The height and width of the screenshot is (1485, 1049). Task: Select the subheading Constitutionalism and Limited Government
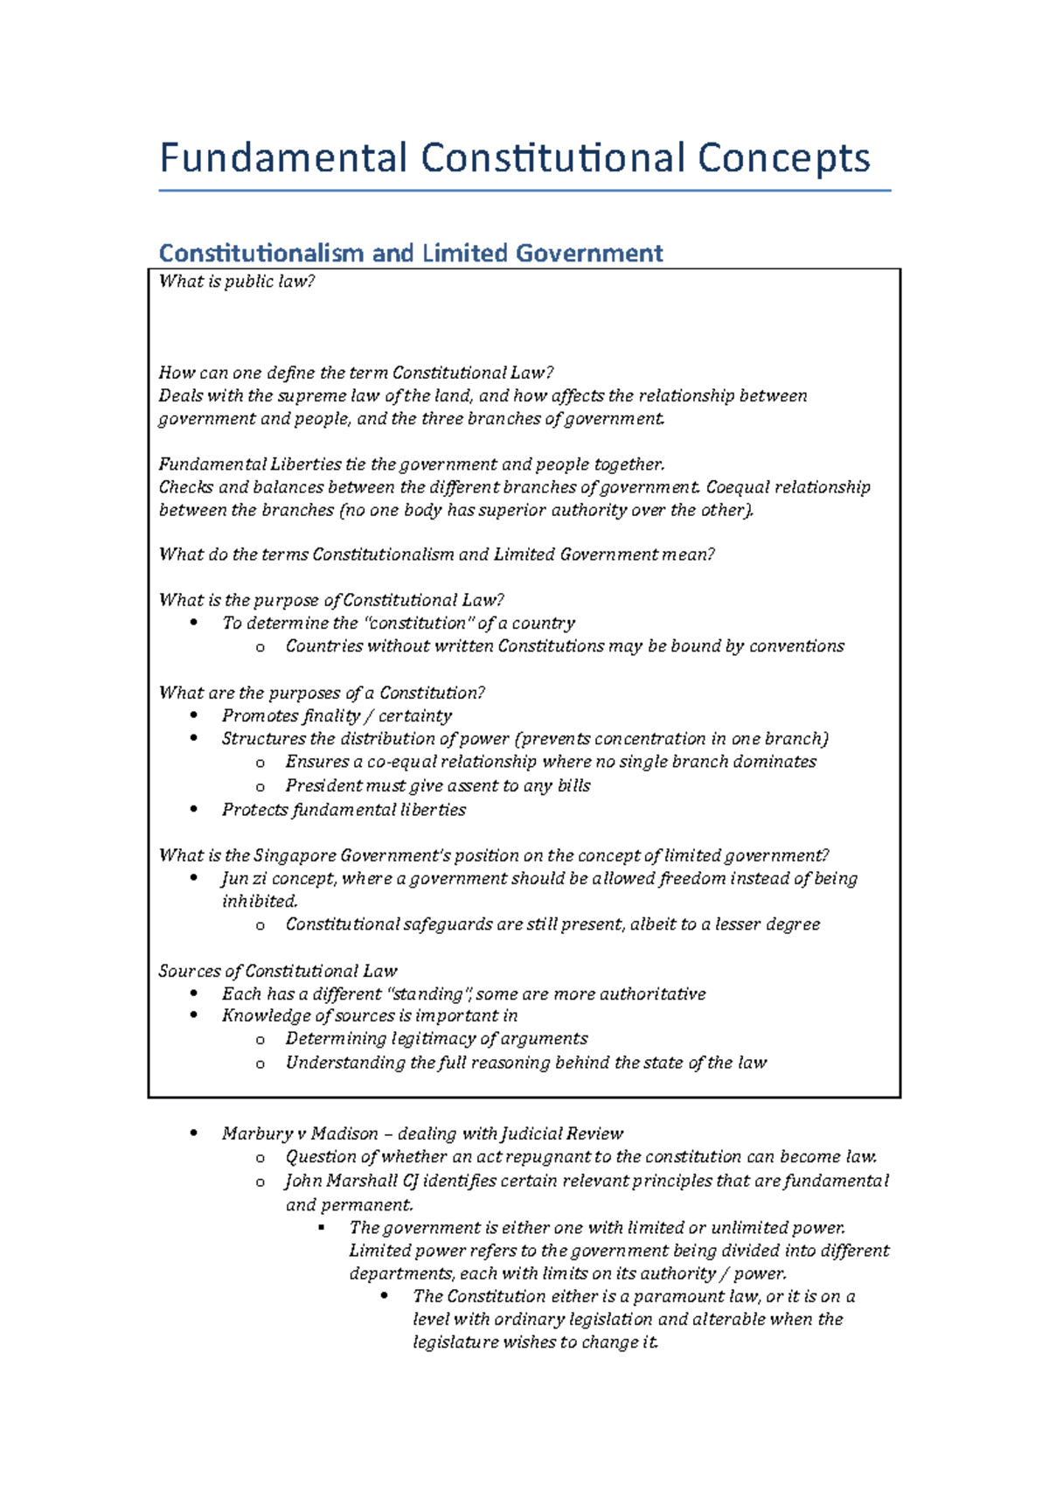coord(410,254)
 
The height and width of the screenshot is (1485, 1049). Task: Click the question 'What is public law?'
coord(236,282)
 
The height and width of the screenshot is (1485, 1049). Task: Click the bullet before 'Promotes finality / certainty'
coord(194,715)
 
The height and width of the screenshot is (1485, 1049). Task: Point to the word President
coord(323,785)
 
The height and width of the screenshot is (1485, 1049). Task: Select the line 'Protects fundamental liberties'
coord(344,810)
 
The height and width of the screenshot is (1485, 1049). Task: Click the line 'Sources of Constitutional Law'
coord(278,971)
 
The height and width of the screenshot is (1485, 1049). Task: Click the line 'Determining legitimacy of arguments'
coord(436,1038)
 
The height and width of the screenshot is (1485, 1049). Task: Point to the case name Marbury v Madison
coord(300,1133)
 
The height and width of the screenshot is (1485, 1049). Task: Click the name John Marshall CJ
coord(352,1181)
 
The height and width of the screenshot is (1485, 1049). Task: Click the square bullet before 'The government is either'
coord(323,1228)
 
